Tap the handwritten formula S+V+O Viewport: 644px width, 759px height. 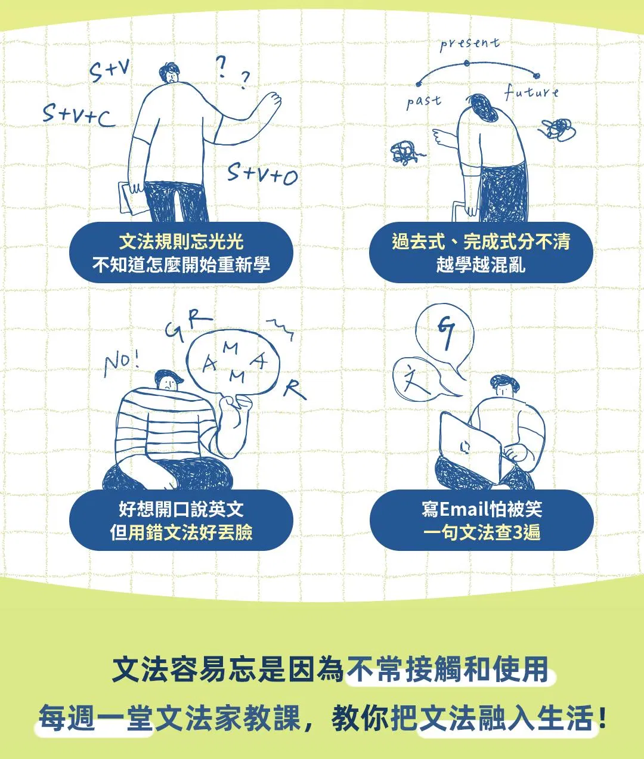(262, 173)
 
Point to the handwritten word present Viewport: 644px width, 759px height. (470, 44)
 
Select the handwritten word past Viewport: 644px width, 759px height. (424, 101)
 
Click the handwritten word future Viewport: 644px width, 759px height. (531, 92)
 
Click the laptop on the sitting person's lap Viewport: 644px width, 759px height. (470, 448)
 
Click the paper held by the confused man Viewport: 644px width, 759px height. (131, 199)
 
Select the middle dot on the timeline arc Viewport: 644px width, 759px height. (466, 64)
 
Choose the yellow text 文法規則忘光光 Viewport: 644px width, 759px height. (181, 241)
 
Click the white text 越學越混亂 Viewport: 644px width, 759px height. (481, 264)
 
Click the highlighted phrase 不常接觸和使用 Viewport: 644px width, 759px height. (448, 670)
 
